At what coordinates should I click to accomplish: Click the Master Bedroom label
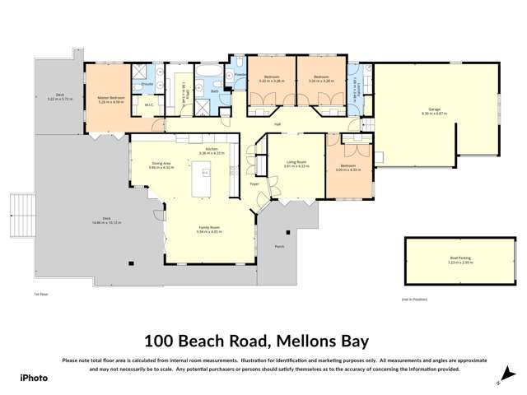tap(105, 97)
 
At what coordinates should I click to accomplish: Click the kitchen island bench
tap(202, 179)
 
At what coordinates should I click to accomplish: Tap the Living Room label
tap(295, 162)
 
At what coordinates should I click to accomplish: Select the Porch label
tap(279, 244)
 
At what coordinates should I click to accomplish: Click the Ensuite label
tap(148, 84)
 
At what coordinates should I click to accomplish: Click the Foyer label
tap(254, 184)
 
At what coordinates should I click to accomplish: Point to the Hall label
tap(278, 124)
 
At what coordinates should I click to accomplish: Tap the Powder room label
tap(241, 75)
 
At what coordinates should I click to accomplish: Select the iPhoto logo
tap(35, 377)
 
